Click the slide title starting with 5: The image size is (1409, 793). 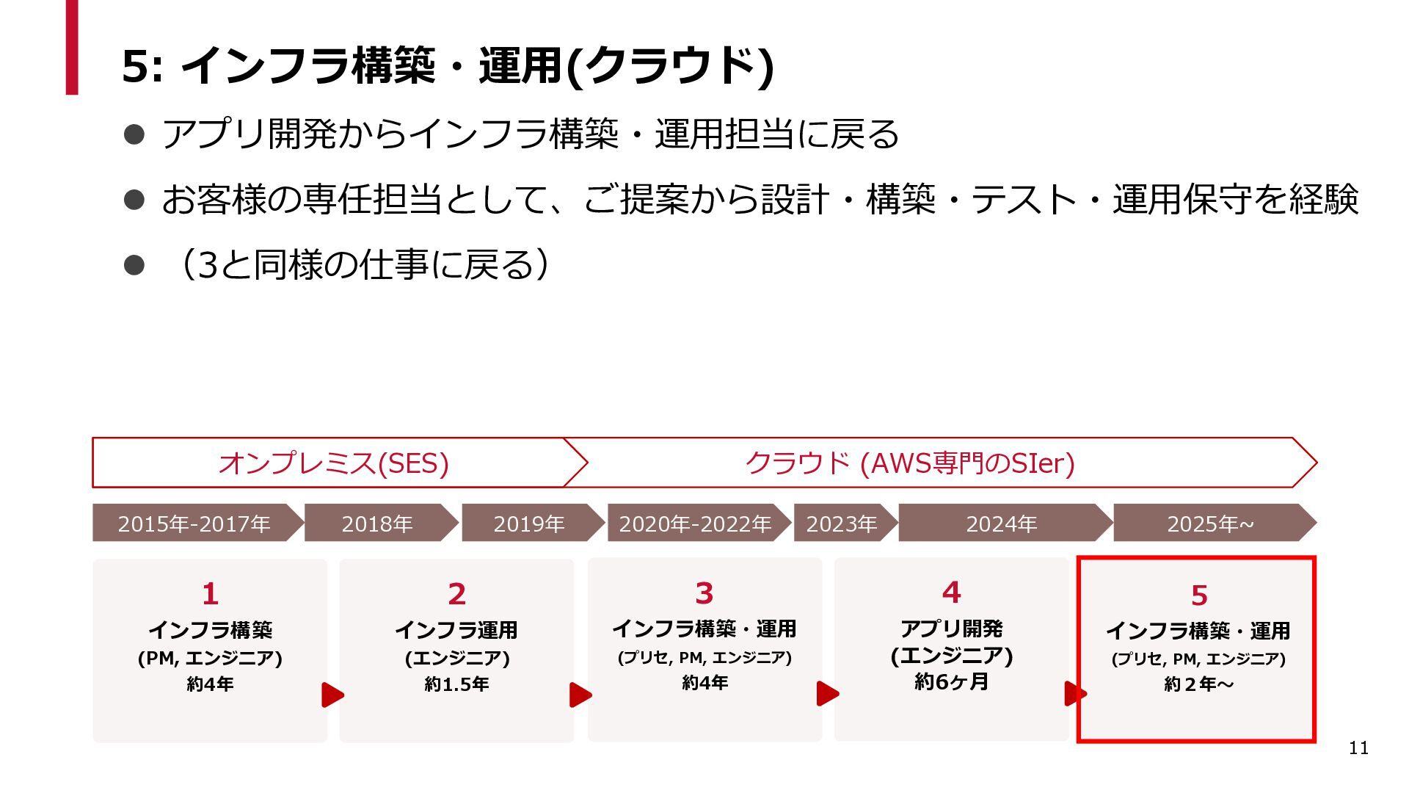(x=448, y=66)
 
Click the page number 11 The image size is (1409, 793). (x=1358, y=748)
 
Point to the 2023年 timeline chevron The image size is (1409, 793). (x=842, y=524)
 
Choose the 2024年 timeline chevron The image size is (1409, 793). (x=1002, y=524)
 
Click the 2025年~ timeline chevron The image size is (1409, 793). (x=1211, y=524)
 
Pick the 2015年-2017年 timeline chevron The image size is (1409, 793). (x=194, y=524)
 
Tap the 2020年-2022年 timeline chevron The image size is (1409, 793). (x=695, y=524)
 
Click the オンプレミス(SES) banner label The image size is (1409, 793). (x=334, y=463)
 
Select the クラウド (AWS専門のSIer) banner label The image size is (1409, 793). (x=910, y=463)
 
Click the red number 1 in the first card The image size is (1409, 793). (x=210, y=594)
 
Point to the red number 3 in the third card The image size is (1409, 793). (x=704, y=593)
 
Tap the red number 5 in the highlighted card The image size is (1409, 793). (x=1199, y=595)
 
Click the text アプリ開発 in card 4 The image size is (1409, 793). (x=951, y=629)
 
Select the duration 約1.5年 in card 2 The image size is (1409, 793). (x=456, y=684)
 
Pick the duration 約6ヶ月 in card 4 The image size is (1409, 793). (x=951, y=682)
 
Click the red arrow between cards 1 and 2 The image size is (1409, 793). (x=332, y=695)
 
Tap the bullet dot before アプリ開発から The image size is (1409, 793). (x=134, y=134)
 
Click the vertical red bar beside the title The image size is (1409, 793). (x=72, y=47)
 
